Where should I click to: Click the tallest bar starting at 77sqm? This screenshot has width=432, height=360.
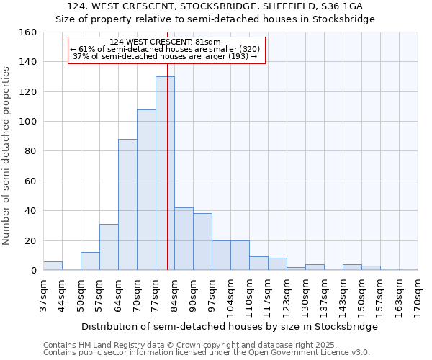point(165,173)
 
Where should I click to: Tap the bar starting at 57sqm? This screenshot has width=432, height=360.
point(109,247)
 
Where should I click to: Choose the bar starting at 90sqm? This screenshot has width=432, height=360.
point(202,241)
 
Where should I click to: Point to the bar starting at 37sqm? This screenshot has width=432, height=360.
point(53,266)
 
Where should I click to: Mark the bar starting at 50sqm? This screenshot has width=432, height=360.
point(90,261)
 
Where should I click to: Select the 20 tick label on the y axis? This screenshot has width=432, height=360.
point(31,241)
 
